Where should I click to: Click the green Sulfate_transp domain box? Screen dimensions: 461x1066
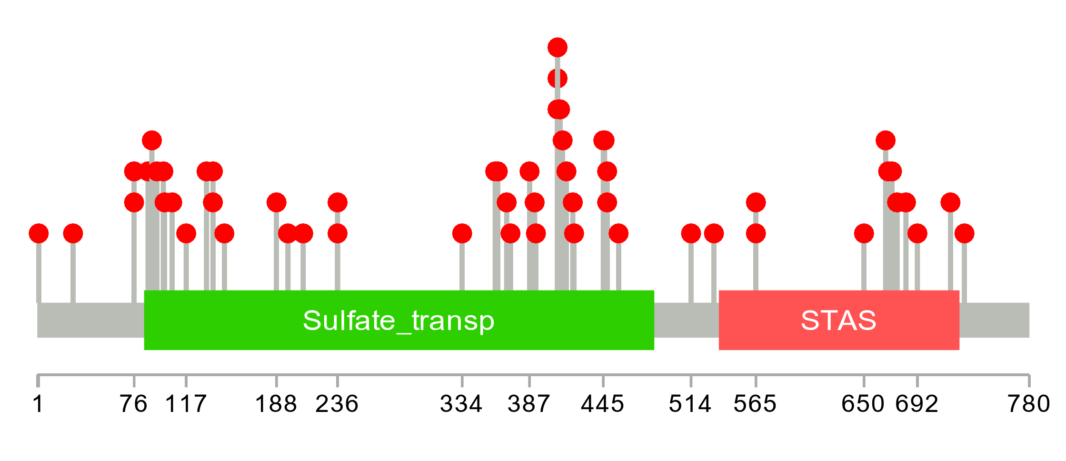[399, 320]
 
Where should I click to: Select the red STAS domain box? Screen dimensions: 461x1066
[838, 320]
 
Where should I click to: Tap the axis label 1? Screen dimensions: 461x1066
[38, 404]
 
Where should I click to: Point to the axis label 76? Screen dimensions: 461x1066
[133, 404]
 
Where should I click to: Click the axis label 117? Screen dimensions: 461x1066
[186, 404]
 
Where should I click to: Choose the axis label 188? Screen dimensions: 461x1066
[276, 404]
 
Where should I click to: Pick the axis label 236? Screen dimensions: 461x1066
[337, 404]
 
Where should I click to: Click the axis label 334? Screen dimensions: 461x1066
[461, 404]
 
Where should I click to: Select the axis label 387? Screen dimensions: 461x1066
[529, 404]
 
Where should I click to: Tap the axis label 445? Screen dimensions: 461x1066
[602, 404]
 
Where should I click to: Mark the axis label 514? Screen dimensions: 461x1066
[690, 404]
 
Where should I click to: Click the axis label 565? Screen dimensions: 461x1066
[755, 404]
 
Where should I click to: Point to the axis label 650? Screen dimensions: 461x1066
[863, 404]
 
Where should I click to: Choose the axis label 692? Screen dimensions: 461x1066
[917, 404]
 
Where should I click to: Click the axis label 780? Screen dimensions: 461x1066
[1028, 404]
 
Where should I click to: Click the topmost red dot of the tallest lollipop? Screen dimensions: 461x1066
[558, 48]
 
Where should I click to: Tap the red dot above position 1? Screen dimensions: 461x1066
[39, 233]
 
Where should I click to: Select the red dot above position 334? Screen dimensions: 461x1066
[462, 233]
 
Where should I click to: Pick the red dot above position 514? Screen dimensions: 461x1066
[691, 233]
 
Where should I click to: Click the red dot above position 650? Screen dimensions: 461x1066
[864, 233]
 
